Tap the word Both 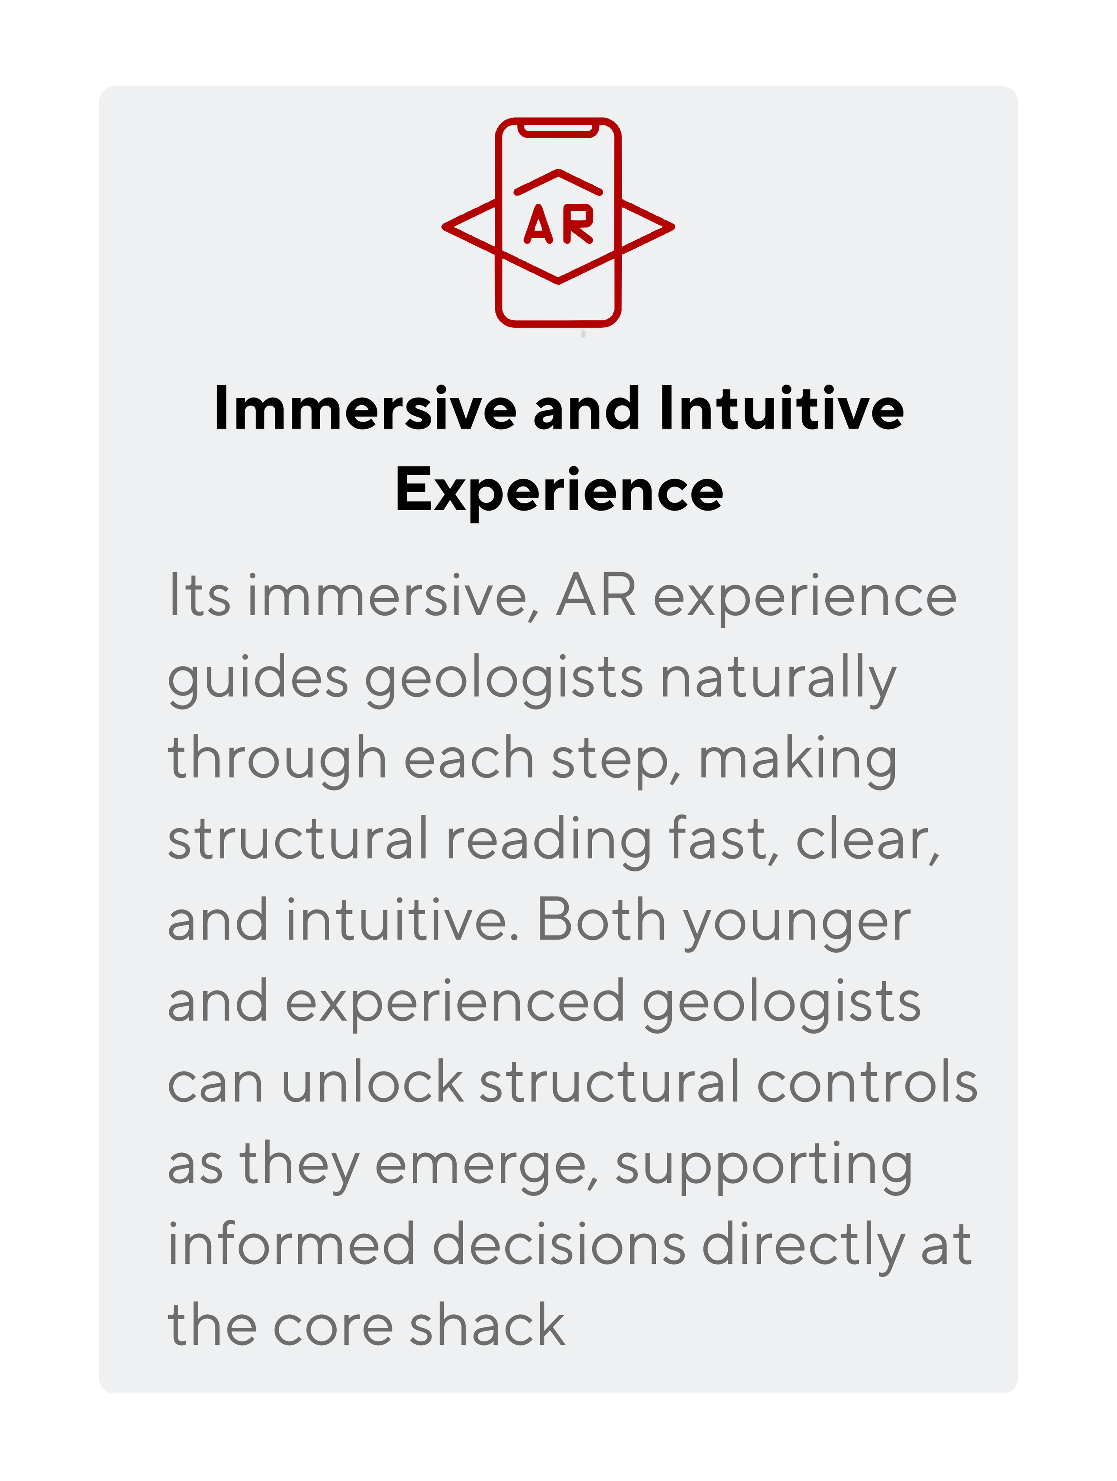[x=600, y=920]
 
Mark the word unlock [x=372, y=1082]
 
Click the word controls [x=867, y=1082]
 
